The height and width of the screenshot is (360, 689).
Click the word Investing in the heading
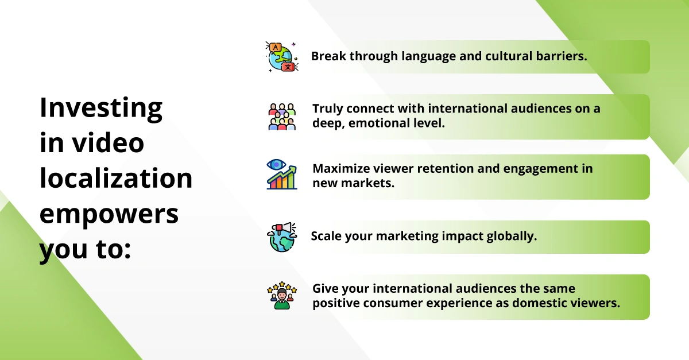pyautogui.click(x=101, y=109)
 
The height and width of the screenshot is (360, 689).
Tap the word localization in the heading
pyautogui.click(x=116, y=178)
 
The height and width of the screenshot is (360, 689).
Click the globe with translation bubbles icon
pyautogui.click(x=282, y=57)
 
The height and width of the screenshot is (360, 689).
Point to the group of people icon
pyautogui.click(x=282, y=117)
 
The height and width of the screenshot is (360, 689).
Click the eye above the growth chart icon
pyautogui.click(x=276, y=165)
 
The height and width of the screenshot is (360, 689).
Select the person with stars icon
pyautogui.click(x=282, y=295)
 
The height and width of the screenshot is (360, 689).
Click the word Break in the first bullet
pyautogui.click(x=328, y=56)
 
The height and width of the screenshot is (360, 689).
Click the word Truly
pyautogui.click(x=328, y=109)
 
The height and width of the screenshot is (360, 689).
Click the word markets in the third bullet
pyautogui.click(x=367, y=183)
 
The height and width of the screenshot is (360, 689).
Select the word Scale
pyautogui.click(x=326, y=236)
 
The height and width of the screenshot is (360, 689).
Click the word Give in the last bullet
pyautogui.click(x=325, y=289)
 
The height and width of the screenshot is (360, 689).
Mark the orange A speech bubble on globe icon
pyautogui.click(x=275, y=48)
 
